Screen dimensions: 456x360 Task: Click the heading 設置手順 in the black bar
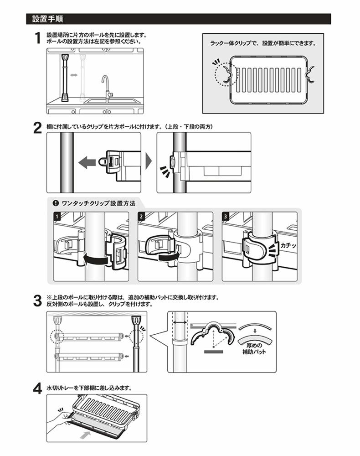tap(47, 20)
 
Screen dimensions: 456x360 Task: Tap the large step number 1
tap(38, 38)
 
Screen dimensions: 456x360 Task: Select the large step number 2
tap(38, 127)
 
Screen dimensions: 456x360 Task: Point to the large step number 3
tap(38, 301)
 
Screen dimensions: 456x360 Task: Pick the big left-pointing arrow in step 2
tap(87, 161)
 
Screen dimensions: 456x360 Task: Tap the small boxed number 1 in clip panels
tap(57, 216)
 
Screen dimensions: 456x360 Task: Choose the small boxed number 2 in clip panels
tap(141, 216)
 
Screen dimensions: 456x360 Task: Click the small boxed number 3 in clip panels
tap(226, 216)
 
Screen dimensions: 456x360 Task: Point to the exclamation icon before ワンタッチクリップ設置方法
tap(56, 203)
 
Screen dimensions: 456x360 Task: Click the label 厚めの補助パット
tap(254, 349)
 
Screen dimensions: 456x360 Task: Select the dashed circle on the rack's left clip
tap(224, 73)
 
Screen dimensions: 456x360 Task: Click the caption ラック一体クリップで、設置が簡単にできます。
tap(263, 44)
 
